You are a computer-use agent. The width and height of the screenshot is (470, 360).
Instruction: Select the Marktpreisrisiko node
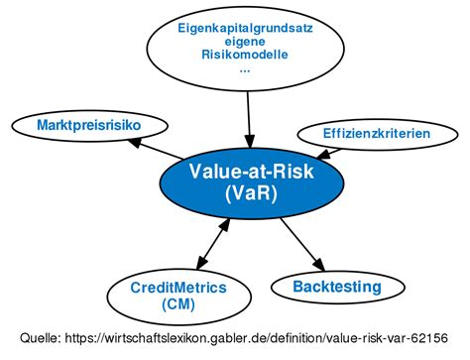coord(74,125)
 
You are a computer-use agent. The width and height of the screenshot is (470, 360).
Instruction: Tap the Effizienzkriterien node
coord(377,132)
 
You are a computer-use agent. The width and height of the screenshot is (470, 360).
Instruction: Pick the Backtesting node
coord(337,288)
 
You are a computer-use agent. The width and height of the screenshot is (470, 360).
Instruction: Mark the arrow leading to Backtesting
coord(302,243)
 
